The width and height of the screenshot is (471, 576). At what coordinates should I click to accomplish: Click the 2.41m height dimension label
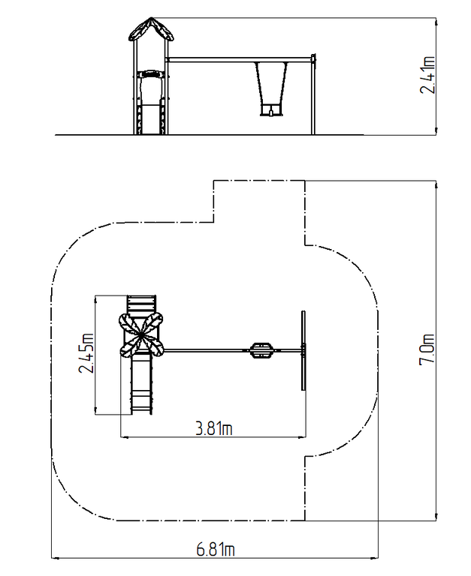coord(427,75)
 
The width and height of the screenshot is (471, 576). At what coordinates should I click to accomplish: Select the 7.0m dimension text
coord(427,349)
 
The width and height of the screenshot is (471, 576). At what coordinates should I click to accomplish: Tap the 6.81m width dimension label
coord(216,550)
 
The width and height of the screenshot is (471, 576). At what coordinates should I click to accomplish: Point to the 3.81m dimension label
coord(214,429)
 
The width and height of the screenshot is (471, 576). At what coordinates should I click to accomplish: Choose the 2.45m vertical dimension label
coord(86,353)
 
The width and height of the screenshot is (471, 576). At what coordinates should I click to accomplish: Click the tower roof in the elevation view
coord(151,29)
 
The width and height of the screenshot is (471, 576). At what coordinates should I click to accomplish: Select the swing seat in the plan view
coord(261,350)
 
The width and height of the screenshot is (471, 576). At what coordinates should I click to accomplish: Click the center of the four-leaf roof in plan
coord(141,334)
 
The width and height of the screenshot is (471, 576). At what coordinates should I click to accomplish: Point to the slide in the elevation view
coord(150,103)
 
